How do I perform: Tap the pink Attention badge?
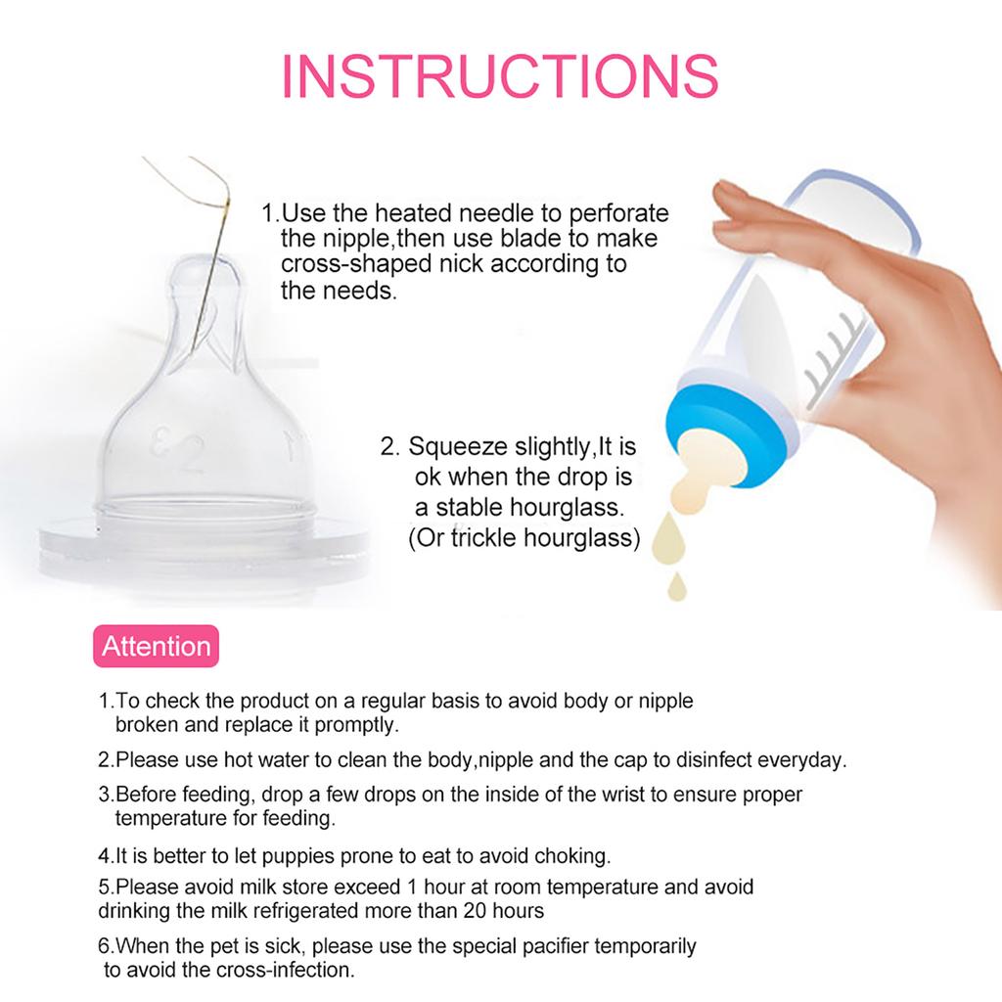tap(157, 646)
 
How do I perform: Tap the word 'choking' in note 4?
tap(572, 855)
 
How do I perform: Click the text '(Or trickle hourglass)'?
tap(524, 537)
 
